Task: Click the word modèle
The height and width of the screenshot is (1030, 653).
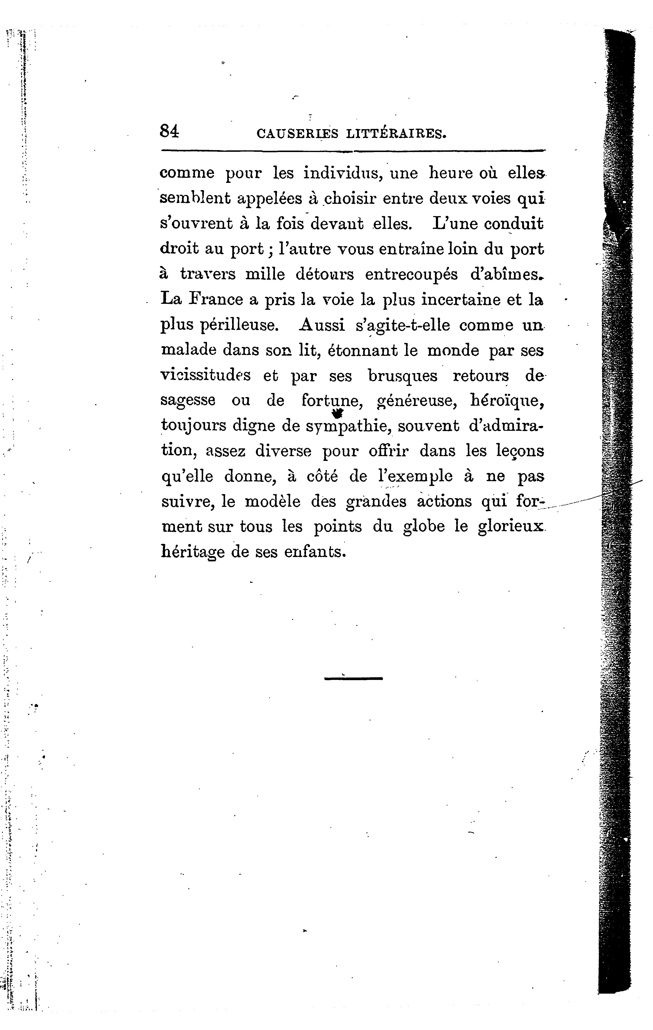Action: click(x=272, y=501)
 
